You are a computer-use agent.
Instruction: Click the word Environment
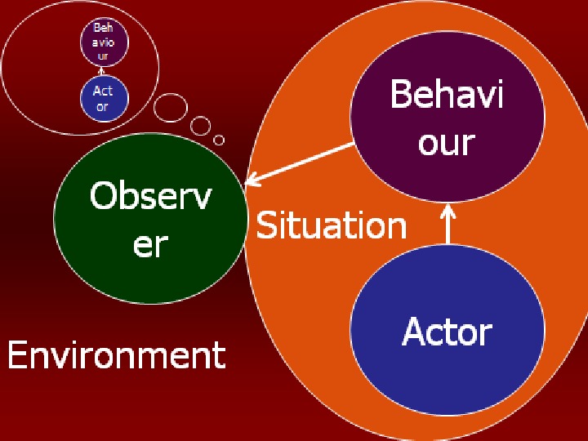(116, 356)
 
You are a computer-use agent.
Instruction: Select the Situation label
(331, 225)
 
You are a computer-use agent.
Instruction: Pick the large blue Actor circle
(447, 331)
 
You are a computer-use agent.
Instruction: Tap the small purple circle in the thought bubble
(104, 42)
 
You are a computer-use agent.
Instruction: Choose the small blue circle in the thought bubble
(104, 99)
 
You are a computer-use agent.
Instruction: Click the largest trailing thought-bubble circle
(171, 108)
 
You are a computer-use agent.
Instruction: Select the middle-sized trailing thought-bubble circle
(200, 126)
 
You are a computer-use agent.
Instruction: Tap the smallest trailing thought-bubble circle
(219, 140)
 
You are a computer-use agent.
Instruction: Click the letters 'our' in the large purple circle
(446, 142)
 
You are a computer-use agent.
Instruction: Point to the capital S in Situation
(267, 225)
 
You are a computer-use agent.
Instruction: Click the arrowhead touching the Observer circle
(252, 180)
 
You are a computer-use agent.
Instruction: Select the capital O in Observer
(104, 197)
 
